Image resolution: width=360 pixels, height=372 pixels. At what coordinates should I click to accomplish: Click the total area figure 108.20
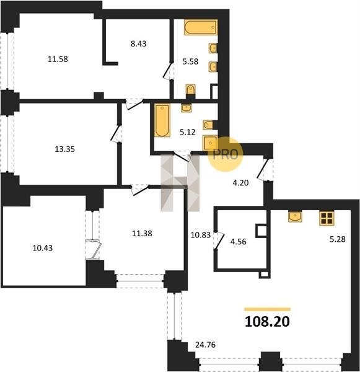coord(267,322)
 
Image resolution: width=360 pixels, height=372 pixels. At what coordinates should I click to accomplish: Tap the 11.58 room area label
coord(58,59)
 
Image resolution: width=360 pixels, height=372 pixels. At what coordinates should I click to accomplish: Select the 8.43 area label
coord(139,43)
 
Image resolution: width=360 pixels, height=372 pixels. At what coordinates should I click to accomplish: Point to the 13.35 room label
coord(64,149)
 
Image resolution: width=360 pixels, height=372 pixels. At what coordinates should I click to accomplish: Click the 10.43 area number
coord(43,248)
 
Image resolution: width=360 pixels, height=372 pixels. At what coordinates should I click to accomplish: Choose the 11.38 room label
coord(142,234)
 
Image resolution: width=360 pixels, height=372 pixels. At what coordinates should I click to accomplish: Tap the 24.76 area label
coord(205,345)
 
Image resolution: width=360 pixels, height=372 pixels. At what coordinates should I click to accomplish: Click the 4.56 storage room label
coord(239,242)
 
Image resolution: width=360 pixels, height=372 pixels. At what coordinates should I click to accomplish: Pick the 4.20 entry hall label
coord(240,183)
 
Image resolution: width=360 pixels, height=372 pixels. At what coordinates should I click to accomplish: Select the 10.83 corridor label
coord(201,235)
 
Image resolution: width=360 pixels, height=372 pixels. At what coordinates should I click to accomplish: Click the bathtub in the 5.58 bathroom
coord(201,27)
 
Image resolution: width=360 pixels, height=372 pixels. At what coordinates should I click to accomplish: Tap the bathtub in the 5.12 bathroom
coord(162,120)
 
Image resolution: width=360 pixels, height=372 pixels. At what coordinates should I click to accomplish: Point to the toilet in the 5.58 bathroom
coord(191,90)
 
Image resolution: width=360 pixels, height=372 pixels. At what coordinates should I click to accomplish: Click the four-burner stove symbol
coord(327,218)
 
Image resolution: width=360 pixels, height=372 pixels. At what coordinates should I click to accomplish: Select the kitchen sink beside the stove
coord(295,217)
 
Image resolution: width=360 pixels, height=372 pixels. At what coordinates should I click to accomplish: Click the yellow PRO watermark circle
coord(226,154)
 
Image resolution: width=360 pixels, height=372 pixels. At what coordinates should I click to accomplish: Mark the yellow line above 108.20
coord(268,309)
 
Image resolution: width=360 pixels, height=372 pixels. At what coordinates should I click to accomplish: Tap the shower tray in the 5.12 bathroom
coord(210,143)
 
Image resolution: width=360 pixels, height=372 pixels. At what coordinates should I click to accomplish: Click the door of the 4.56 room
coord(219,241)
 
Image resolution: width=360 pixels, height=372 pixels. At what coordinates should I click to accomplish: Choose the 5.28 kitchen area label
coord(338,239)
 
